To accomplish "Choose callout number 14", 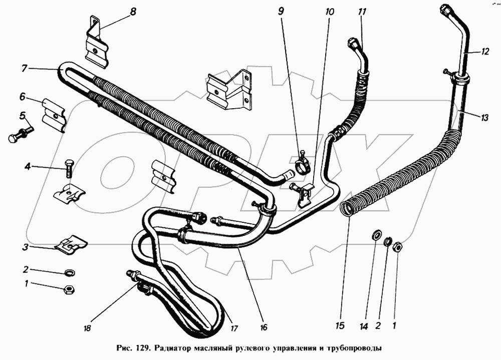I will point(364,326).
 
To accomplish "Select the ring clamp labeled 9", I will point(302,164).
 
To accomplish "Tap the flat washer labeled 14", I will point(376,236).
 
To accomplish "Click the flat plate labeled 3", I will point(71,244).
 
